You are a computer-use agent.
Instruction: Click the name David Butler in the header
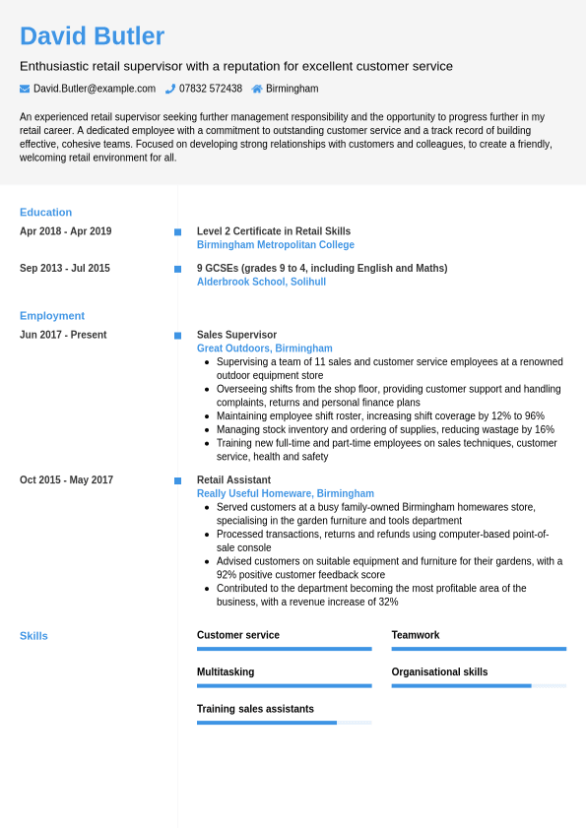click(92, 36)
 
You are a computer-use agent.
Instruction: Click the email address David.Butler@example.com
click(95, 89)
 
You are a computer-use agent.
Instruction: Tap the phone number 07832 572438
click(211, 89)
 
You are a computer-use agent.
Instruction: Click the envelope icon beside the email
click(25, 89)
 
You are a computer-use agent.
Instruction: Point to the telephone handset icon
click(170, 89)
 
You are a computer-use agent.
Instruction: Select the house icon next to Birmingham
click(257, 89)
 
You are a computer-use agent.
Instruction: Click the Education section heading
click(45, 212)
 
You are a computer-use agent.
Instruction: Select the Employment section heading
click(52, 316)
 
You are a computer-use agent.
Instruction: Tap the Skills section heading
click(33, 636)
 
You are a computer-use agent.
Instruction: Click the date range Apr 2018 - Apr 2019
click(65, 231)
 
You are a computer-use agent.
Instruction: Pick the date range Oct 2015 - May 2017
click(66, 480)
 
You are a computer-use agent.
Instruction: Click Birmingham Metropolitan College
click(275, 245)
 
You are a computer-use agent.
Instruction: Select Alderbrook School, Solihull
click(261, 282)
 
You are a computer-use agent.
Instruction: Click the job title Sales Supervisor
click(236, 335)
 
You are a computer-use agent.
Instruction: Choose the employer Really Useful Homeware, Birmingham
click(285, 494)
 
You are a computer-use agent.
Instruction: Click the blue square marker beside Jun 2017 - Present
click(177, 336)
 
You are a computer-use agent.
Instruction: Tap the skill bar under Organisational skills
click(479, 685)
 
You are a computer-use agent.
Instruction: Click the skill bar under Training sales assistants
click(284, 723)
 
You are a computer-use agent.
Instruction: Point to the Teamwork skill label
click(415, 636)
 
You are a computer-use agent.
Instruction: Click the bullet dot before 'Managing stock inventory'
click(207, 430)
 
